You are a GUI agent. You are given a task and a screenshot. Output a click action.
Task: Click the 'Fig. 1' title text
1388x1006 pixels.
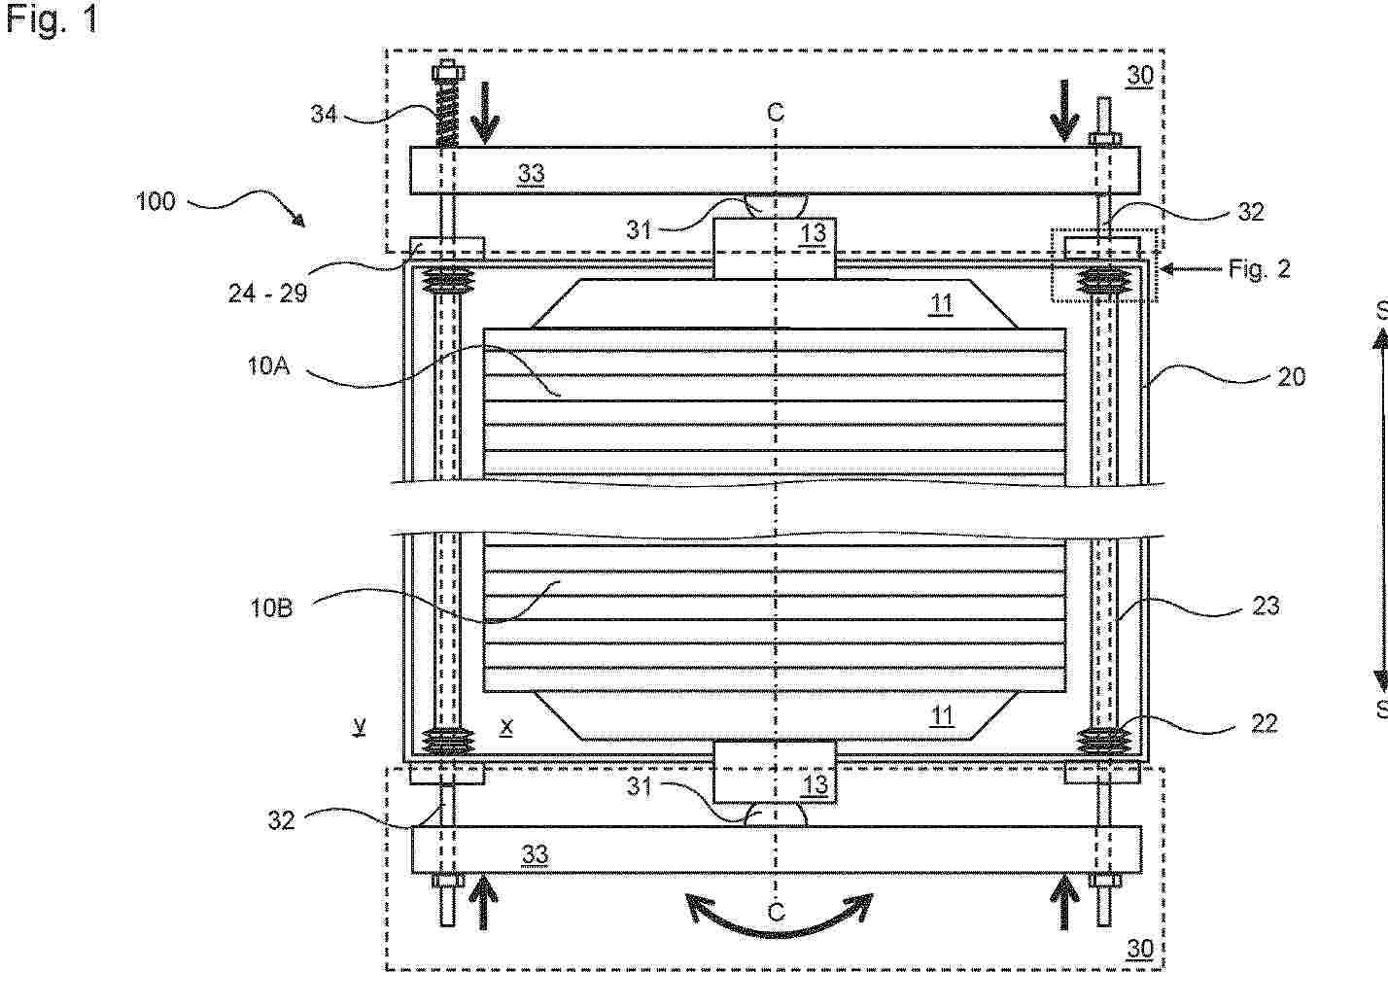(52, 18)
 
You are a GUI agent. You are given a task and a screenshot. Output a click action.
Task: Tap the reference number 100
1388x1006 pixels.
(156, 201)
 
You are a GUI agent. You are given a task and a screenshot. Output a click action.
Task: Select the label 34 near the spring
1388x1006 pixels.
(324, 114)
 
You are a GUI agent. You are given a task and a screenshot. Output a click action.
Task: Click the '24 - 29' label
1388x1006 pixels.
(267, 293)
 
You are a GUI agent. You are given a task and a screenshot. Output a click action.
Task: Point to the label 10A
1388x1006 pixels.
(268, 366)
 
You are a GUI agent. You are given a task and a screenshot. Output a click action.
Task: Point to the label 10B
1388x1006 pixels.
(271, 607)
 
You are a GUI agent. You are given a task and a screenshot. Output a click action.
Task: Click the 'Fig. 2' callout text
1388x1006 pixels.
(1260, 269)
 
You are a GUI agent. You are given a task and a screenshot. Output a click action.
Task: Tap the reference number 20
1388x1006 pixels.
(1292, 376)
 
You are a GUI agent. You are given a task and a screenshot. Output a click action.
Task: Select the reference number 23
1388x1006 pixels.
(1266, 606)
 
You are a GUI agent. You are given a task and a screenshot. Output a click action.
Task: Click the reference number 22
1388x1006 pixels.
(1264, 723)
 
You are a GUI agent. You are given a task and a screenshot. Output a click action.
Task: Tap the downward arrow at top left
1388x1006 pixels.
(485, 114)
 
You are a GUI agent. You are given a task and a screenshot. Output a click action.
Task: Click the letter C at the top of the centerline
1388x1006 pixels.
(776, 112)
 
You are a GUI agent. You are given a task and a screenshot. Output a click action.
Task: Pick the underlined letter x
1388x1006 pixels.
(506, 727)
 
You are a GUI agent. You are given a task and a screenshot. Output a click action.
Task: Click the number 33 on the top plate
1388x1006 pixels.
(532, 173)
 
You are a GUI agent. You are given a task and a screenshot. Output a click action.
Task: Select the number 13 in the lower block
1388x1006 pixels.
(815, 784)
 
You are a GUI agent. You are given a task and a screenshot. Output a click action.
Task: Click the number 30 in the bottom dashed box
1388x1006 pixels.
(1140, 949)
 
